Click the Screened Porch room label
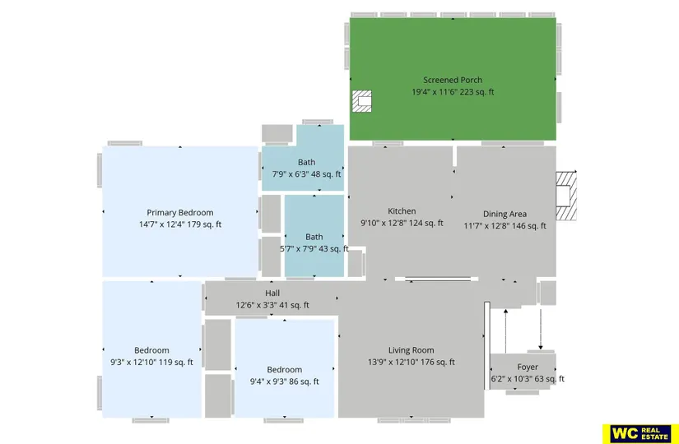(453, 80)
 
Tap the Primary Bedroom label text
(180, 213)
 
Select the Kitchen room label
(402, 211)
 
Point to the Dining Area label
(505, 215)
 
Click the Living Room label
(411, 350)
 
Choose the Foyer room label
(528, 367)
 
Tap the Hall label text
(272, 294)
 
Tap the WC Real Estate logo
(640, 434)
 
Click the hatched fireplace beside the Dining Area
(566, 196)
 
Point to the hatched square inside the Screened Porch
(361, 101)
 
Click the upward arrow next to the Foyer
(506, 331)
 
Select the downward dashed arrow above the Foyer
(541, 330)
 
